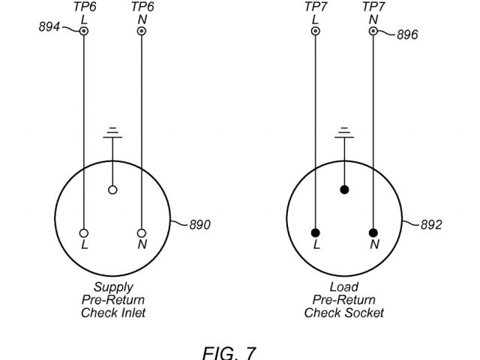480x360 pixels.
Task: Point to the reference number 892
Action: click(431, 225)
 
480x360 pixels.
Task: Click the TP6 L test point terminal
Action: click(84, 31)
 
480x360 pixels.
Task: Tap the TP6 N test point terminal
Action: click(142, 31)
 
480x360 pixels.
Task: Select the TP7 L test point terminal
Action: click(316, 31)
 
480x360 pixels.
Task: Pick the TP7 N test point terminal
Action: click(373, 31)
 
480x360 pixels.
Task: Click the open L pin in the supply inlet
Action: click(84, 232)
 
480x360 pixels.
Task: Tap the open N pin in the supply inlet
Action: click(142, 232)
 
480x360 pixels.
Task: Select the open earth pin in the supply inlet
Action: click(112, 190)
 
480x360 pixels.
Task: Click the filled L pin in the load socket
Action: click(316, 232)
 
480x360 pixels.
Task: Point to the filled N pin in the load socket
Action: click(373, 232)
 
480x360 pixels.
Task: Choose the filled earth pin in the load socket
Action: click(344, 190)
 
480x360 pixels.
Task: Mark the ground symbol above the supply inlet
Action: click(112, 133)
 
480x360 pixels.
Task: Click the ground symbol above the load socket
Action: click(344, 133)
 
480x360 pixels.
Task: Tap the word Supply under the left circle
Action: click(113, 286)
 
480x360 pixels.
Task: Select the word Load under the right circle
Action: click(344, 286)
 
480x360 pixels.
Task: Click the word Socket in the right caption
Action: click(365, 313)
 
